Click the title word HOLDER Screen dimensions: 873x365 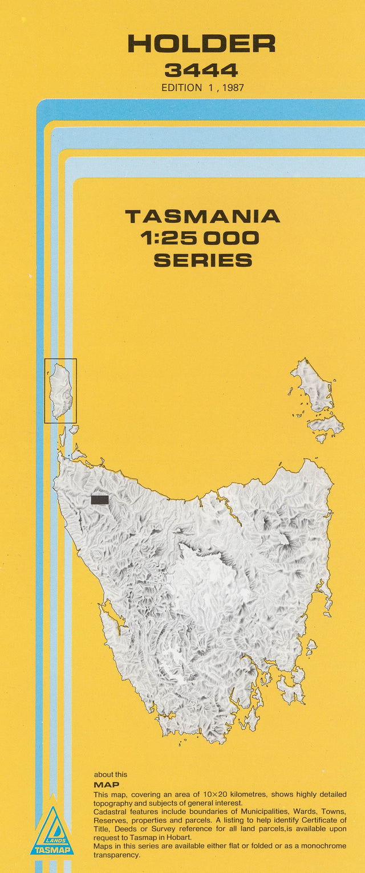(x=201, y=44)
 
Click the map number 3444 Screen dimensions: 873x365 (x=201, y=71)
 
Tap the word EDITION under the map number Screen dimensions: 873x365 (x=181, y=88)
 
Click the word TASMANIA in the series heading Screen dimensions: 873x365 (x=202, y=217)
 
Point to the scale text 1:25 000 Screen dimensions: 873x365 (x=202, y=238)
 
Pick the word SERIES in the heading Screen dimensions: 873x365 (x=202, y=260)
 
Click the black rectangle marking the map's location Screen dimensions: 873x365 (x=99, y=500)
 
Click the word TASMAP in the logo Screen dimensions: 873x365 (x=52, y=850)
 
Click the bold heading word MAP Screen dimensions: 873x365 (x=106, y=785)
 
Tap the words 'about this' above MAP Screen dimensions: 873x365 (x=111, y=774)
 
